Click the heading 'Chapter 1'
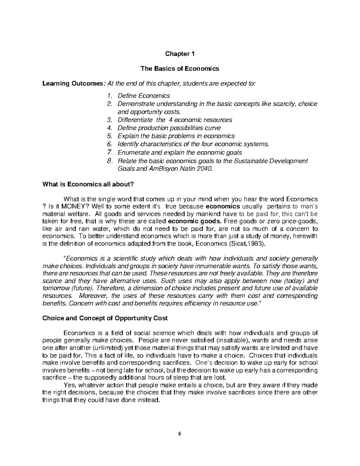(x=180, y=54)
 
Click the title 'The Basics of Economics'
(x=180, y=69)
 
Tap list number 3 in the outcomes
(x=109, y=120)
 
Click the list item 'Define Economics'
(x=144, y=96)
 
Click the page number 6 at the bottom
(x=180, y=434)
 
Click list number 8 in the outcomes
(x=109, y=161)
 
